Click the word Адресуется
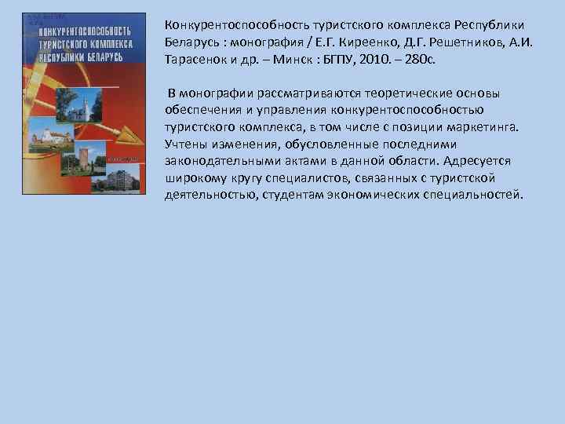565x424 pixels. pyautogui.click(x=477, y=160)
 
